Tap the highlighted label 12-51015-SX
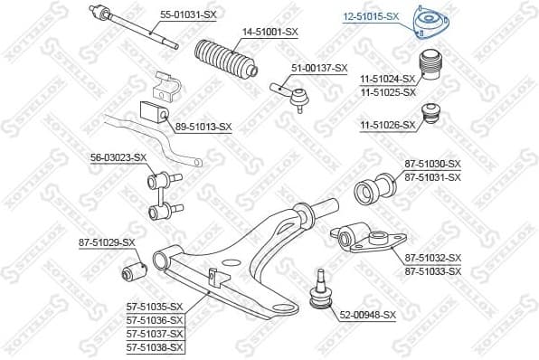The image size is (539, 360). click(x=370, y=15)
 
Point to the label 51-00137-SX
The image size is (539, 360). click(x=318, y=68)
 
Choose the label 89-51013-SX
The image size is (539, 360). click(x=203, y=128)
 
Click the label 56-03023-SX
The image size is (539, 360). click(x=118, y=157)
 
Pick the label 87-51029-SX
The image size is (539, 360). click(x=106, y=242)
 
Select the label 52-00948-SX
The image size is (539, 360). click(x=367, y=315)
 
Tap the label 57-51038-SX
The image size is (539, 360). click(x=155, y=346)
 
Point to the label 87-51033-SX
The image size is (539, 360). click(x=432, y=271)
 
